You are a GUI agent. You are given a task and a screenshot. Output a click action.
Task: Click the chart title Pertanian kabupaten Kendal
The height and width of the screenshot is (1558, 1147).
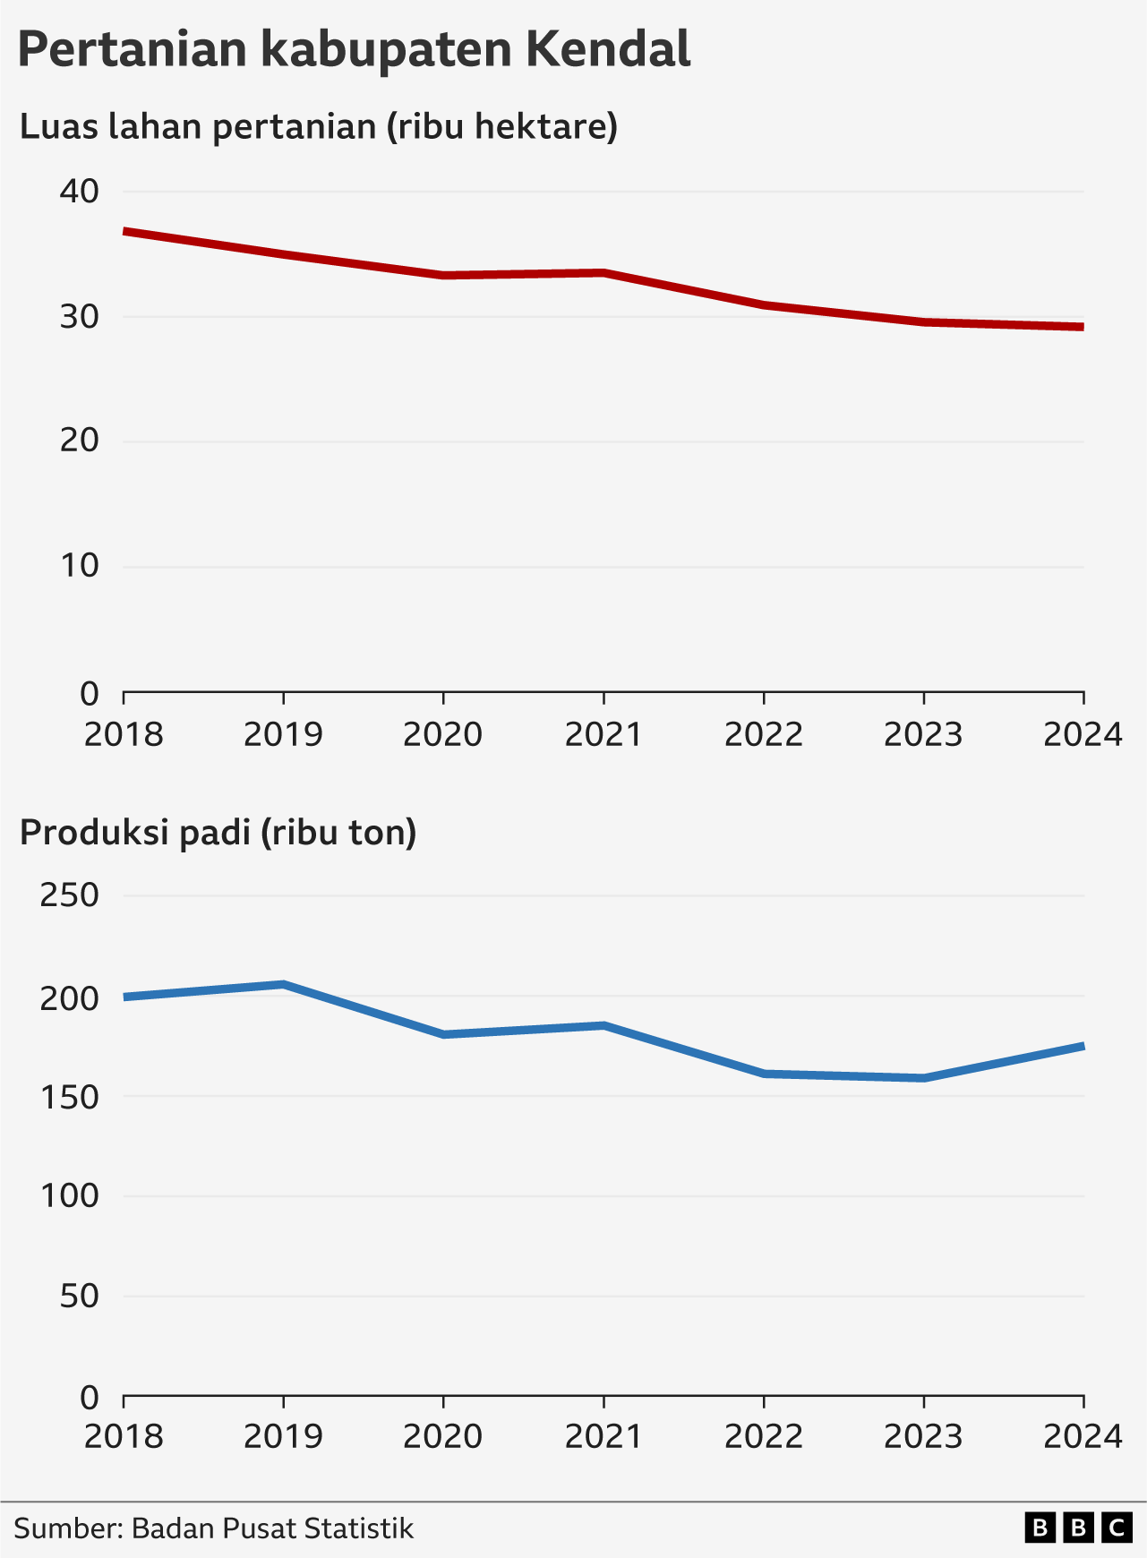(x=354, y=49)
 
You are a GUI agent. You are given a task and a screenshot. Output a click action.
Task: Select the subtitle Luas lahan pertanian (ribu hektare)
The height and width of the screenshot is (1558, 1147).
(x=319, y=127)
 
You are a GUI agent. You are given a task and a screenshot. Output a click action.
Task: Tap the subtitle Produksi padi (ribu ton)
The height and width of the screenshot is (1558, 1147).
(x=218, y=833)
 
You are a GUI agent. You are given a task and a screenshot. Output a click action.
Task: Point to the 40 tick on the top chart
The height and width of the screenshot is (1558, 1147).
(x=80, y=191)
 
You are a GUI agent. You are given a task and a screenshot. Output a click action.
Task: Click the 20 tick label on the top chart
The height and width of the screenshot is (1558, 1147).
(x=80, y=441)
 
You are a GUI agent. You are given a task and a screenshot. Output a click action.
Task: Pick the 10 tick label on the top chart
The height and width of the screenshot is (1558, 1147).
(x=80, y=566)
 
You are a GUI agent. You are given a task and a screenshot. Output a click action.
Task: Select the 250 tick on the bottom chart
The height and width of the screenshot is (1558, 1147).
(x=69, y=895)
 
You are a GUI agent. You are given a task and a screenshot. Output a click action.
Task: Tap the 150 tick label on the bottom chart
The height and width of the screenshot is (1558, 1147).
(x=69, y=1097)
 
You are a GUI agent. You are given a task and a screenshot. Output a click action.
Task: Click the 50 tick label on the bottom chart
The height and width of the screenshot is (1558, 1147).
(x=80, y=1296)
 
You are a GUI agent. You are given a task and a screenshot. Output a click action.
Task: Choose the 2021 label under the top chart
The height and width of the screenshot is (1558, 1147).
(x=603, y=735)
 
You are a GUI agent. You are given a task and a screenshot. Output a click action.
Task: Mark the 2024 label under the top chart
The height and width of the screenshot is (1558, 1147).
(x=1083, y=735)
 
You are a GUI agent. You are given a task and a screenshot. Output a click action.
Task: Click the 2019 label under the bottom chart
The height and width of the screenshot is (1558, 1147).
(x=283, y=1437)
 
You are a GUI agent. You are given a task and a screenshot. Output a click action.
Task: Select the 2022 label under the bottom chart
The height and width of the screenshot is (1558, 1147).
(x=764, y=1437)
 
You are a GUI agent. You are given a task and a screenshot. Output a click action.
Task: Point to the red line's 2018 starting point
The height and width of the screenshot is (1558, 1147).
(x=124, y=231)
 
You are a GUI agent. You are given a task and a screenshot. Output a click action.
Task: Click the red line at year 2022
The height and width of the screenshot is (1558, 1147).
(x=764, y=305)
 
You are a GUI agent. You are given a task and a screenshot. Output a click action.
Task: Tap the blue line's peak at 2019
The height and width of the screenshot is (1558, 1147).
(x=283, y=984)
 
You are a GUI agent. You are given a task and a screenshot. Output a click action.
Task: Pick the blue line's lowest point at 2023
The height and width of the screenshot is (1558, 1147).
(x=923, y=1078)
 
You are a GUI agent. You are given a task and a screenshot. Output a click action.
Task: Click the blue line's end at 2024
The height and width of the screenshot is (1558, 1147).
(x=1083, y=1046)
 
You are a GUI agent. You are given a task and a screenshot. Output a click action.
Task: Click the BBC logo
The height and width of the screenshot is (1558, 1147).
(x=1078, y=1528)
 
